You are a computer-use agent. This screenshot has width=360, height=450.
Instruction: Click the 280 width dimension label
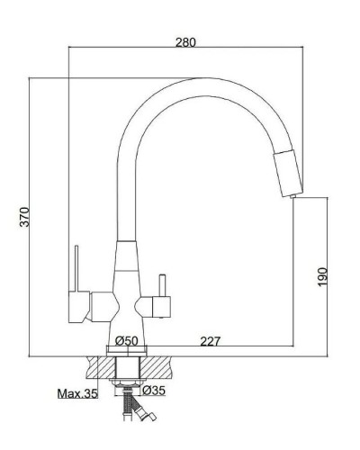coord(186,42)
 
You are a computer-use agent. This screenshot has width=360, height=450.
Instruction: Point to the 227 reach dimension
coord(211,340)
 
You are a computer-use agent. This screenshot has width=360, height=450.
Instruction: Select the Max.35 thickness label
coord(76,394)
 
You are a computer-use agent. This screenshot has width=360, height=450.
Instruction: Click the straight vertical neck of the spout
coord(125,198)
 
